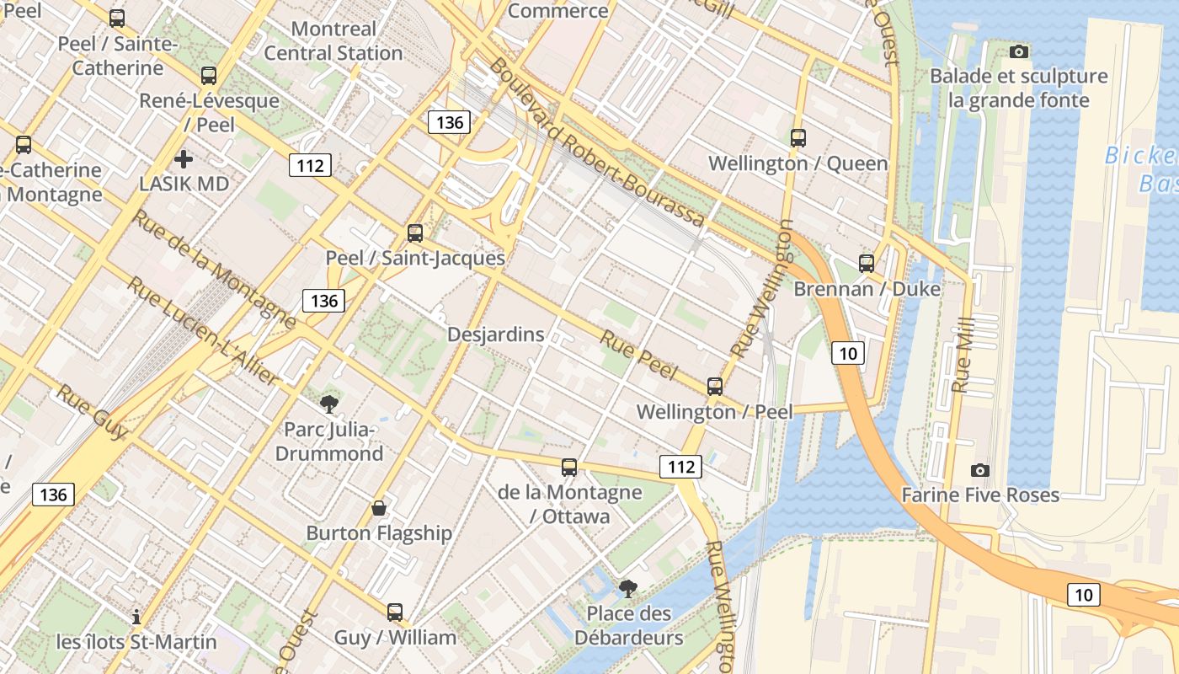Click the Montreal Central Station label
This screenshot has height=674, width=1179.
[x=333, y=40]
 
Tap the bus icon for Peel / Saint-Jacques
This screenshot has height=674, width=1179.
[x=415, y=233]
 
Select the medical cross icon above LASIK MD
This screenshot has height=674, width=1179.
[x=184, y=158]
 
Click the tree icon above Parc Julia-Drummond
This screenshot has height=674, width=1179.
[x=329, y=404]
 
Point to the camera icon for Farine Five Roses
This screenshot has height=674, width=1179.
[x=980, y=470]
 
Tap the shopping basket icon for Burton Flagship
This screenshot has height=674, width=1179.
[x=379, y=508]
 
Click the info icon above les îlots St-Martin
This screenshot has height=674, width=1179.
[x=136, y=617]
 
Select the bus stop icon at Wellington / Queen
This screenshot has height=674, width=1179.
[x=798, y=137]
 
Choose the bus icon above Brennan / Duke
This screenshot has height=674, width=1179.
[x=867, y=264]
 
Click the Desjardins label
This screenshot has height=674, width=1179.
[x=495, y=334]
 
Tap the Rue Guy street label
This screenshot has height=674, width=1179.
[x=92, y=412]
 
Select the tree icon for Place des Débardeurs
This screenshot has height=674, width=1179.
[x=628, y=588]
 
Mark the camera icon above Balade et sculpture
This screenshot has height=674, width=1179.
[x=1019, y=52]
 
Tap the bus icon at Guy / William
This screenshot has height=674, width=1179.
[x=395, y=612]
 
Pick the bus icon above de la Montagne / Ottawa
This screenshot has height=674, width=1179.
[x=569, y=467]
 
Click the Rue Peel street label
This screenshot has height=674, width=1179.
[x=638, y=353]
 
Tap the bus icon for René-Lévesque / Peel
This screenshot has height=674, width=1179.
[x=209, y=76]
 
